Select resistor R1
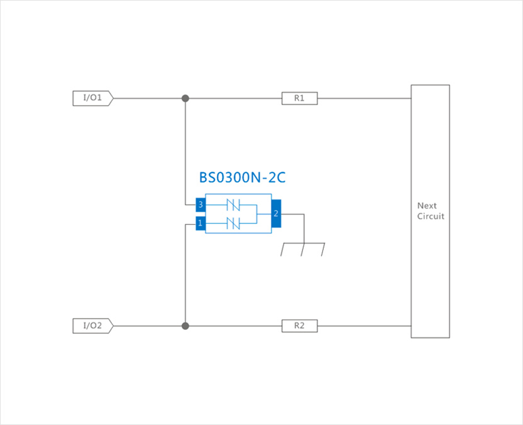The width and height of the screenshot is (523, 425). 299,98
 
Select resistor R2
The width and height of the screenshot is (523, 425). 299,326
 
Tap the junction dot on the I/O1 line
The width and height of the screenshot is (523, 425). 185,98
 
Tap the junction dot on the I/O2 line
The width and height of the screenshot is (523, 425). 185,326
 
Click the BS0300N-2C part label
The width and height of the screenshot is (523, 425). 242,178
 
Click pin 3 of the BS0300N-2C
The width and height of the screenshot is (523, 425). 201,205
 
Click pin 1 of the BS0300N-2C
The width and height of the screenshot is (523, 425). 201,223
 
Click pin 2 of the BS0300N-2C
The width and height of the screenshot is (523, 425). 275,214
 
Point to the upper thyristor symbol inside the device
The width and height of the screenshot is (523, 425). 233,205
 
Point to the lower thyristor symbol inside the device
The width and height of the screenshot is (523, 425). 233,223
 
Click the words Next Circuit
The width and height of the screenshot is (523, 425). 431,211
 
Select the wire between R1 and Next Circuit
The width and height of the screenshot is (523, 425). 365,98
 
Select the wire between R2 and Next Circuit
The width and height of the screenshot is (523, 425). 365,326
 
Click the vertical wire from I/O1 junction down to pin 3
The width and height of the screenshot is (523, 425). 185,151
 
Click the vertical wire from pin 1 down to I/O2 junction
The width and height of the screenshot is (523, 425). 185,277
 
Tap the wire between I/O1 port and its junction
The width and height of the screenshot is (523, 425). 148,98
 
